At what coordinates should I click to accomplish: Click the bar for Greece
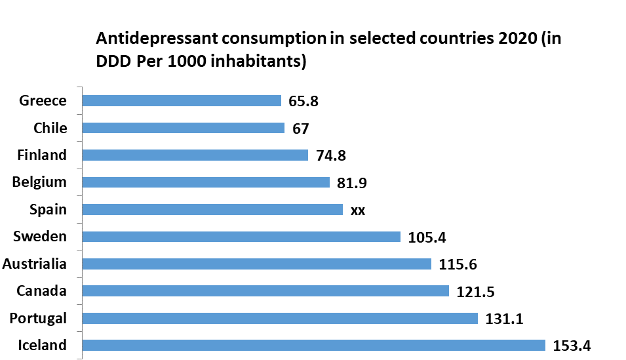tap(182, 100)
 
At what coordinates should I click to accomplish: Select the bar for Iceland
tap(314, 345)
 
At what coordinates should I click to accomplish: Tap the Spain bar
tap(213, 209)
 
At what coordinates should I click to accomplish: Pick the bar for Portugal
tap(281, 318)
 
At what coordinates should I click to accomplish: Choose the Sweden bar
tap(242, 237)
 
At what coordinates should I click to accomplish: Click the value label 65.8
tap(303, 101)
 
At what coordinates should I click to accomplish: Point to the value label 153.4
tap(572, 346)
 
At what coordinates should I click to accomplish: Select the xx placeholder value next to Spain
tap(358, 210)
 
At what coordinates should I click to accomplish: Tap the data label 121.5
tap(475, 291)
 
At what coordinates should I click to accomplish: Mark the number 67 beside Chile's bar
tap(301, 129)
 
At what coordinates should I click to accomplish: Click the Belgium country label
tap(39, 182)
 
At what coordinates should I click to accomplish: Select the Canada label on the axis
tap(42, 290)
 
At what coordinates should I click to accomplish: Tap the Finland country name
tap(42, 155)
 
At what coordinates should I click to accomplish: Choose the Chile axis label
tap(50, 128)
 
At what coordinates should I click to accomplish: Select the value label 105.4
tap(427, 237)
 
